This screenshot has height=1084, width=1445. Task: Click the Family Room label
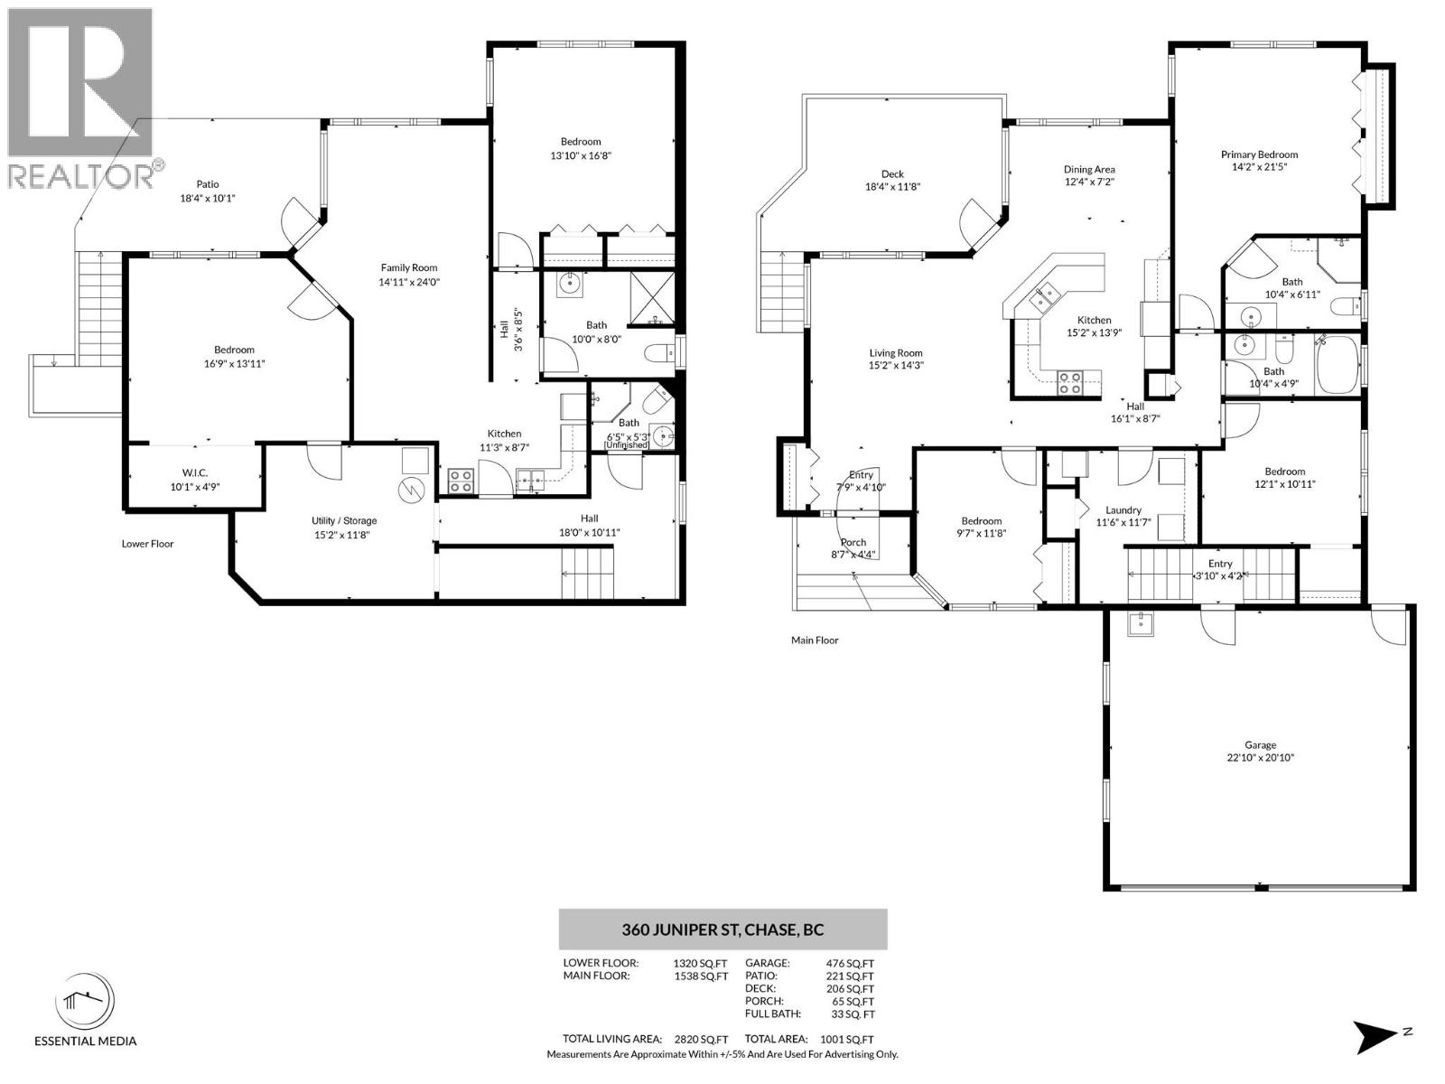(409, 268)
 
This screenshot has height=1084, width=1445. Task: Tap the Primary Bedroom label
(1259, 154)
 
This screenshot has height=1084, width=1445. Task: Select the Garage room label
(1260, 745)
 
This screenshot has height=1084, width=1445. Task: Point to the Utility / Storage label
(344, 520)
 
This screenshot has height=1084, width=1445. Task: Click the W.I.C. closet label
(195, 473)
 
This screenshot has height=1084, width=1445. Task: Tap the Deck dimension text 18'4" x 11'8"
(892, 187)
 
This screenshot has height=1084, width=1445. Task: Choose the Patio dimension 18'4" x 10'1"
(208, 198)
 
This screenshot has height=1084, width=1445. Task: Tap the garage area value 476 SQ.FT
(850, 964)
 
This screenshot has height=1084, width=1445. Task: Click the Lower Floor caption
(147, 544)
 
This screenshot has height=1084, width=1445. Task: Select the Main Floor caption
(815, 640)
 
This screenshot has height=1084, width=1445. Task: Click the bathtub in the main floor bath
(1337, 365)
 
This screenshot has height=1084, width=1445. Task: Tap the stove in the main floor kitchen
(1070, 383)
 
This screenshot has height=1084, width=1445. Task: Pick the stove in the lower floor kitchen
(461, 481)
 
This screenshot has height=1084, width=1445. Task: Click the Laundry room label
(1123, 510)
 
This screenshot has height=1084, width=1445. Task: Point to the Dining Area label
(1089, 169)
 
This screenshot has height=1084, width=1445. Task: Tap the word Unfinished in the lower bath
(628, 445)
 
